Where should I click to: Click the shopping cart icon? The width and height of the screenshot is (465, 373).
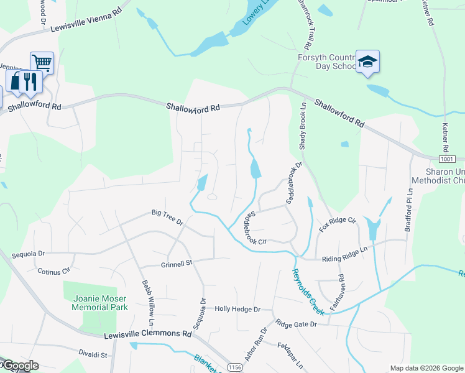pos(42,62)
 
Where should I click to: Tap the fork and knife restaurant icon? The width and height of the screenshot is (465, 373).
pos(29,81)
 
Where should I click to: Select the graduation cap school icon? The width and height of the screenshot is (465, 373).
pos(367,62)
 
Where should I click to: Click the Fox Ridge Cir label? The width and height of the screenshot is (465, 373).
pos(337,224)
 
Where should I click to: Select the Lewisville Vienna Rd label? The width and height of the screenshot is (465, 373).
pos(82,17)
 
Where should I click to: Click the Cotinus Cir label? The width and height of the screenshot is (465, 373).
pos(54,271)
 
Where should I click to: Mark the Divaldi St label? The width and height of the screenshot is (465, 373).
pos(93,355)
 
